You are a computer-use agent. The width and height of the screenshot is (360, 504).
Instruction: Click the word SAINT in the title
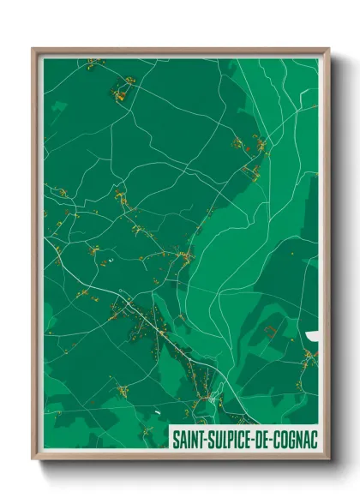[189, 439]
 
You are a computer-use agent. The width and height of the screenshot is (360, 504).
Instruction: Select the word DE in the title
[266, 439]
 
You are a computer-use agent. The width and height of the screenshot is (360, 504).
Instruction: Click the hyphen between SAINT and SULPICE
[205, 440]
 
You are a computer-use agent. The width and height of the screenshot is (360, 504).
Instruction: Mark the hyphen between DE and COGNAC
[276, 440]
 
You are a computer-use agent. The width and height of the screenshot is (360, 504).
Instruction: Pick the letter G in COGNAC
[295, 439]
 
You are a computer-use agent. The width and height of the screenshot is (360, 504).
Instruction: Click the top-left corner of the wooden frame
[33, 49]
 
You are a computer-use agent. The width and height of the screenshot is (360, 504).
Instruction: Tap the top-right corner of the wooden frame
[329, 49]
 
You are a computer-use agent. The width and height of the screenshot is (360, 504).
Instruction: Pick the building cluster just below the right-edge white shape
[309, 354]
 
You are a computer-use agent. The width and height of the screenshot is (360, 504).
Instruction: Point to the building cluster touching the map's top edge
[93, 62]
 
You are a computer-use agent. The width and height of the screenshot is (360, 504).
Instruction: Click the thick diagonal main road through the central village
[159, 327]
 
